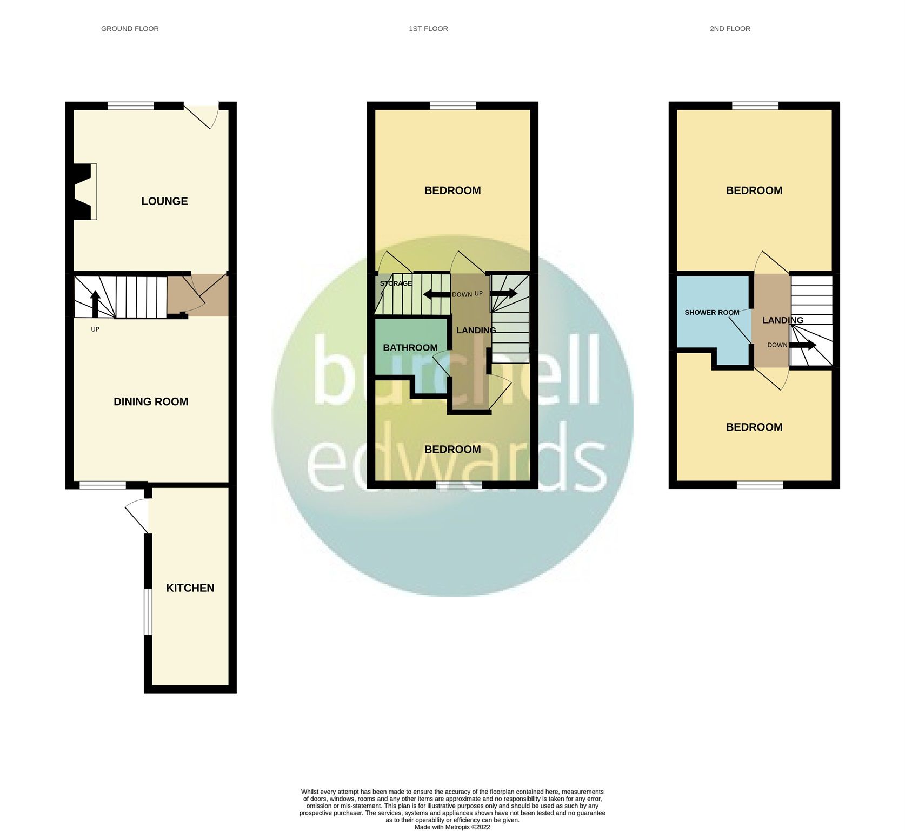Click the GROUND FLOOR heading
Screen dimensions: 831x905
(130, 29)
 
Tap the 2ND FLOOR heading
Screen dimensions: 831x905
(730, 29)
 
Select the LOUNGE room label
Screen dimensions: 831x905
(164, 201)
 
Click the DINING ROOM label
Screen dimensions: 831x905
(151, 401)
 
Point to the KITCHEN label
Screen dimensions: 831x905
(190, 588)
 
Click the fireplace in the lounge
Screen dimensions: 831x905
(84, 192)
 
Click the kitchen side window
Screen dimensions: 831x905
(146, 611)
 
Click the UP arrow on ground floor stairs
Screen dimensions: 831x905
(95, 303)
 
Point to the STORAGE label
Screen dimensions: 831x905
(396, 283)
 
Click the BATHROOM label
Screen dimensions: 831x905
(410, 348)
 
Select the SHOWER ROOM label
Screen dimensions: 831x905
(711, 313)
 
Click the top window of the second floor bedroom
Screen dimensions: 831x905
(755, 106)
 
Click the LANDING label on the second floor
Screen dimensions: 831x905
(782, 320)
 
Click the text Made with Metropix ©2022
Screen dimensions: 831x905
(452, 827)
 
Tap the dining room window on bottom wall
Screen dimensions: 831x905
(103, 485)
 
